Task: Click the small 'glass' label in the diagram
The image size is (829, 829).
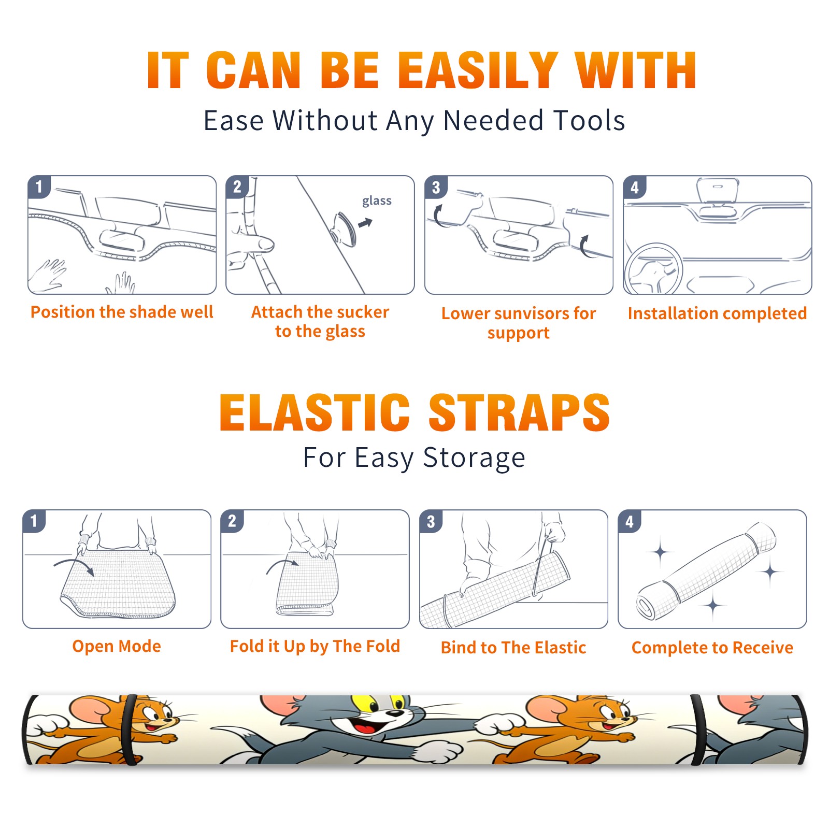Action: (377, 201)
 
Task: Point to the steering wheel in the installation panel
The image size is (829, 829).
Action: (654, 270)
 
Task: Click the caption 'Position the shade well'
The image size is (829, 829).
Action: (122, 312)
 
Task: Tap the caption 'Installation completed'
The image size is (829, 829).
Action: (717, 313)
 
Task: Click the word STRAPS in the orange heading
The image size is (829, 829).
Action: (519, 412)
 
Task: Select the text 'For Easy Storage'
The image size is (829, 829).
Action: (414, 458)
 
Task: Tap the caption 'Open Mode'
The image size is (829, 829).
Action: (117, 646)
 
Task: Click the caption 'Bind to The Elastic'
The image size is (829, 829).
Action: (513, 648)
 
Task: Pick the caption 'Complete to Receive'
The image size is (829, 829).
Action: (712, 648)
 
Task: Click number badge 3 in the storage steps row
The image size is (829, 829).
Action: (431, 521)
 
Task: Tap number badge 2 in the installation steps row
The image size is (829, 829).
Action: (237, 187)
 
